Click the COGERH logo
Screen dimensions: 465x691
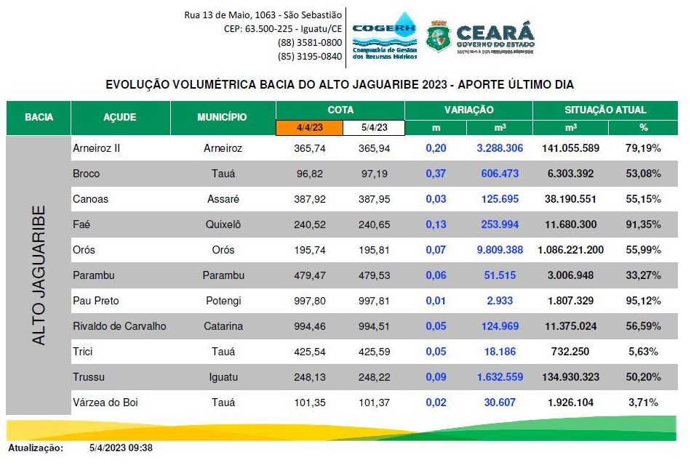tap(384, 36)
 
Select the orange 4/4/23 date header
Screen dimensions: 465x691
tap(308, 128)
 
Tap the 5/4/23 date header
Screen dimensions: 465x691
tap(373, 128)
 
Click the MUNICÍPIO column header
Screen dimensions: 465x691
tap(222, 117)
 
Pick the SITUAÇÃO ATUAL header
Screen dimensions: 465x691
tap(605, 110)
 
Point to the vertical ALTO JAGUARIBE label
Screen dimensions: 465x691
tap(39, 275)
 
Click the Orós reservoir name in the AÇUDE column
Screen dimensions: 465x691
tap(84, 250)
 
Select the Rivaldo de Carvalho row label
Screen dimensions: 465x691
tap(119, 326)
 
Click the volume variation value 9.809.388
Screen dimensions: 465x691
tap(500, 250)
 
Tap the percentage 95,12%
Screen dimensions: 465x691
tap(644, 301)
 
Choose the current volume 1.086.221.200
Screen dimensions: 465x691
tap(570, 250)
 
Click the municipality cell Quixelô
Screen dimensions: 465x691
tap(223, 225)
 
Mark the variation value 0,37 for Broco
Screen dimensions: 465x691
tap(436, 174)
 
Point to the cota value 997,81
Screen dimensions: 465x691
tap(373, 301)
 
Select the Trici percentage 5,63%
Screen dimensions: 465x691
tap(644, 352)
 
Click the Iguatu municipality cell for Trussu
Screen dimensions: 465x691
tap(223, 377)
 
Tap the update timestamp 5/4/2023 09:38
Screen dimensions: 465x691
tap(121, 448)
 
